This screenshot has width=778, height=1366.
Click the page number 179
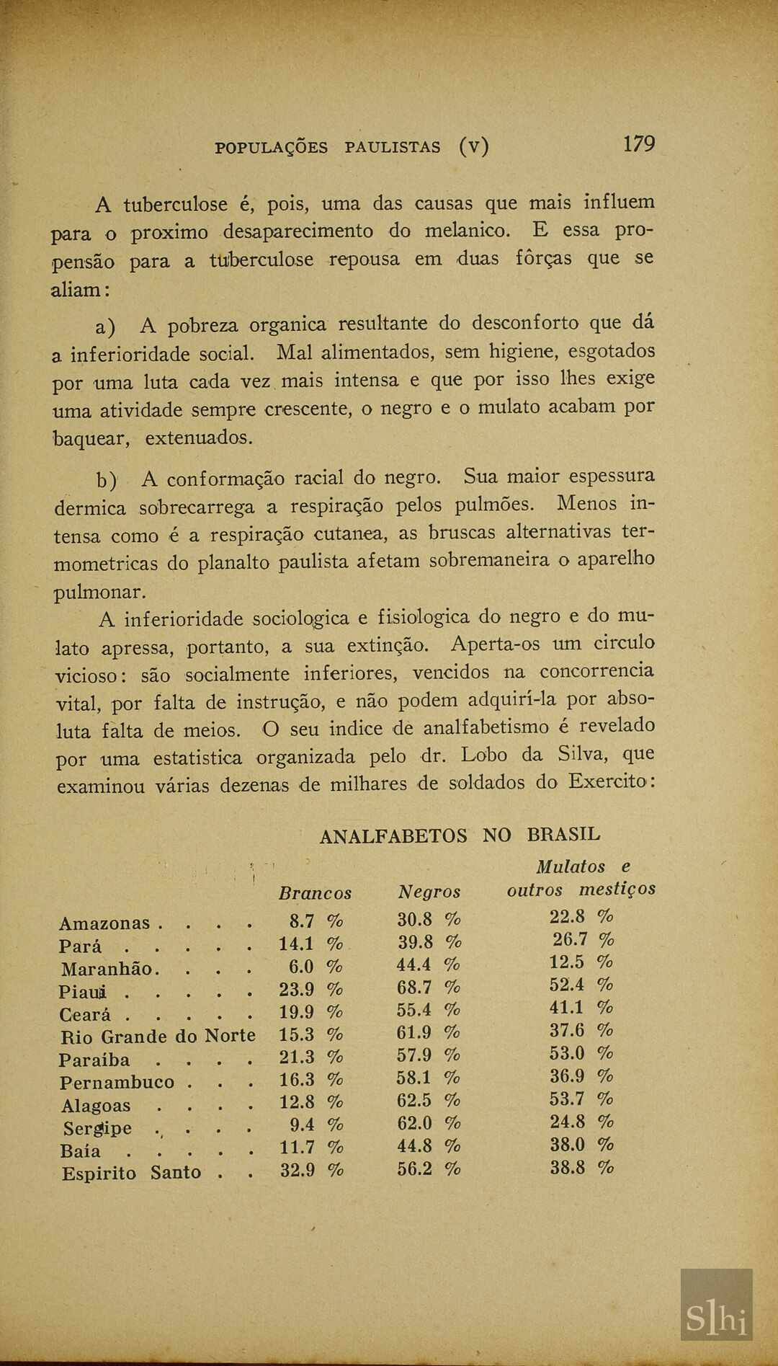pos(639,144)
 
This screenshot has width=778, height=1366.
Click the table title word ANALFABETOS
pos(393,836)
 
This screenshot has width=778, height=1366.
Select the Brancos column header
pos(315,893)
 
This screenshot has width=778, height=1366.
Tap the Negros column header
pos(429,892)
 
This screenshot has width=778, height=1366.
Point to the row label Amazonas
pos(104,923)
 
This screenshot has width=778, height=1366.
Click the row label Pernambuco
pos(117,1083)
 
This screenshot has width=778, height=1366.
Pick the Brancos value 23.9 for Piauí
pos(297,990)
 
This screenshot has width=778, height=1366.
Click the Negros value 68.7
pos(414,988)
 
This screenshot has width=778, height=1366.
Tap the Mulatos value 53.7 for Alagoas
pos(568,1099)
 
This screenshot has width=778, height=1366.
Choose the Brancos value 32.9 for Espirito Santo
pos(298,1170)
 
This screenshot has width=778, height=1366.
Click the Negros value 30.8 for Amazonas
pos(415,919)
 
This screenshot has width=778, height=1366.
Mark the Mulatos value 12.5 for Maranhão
pos(568,962)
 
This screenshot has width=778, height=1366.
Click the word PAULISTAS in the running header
pos(393,148)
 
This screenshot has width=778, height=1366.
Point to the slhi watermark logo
pos(716,1304)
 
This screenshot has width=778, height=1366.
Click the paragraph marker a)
pos(105,327)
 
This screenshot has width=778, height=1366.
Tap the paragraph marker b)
pos(107,480)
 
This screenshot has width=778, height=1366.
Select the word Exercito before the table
pos(607,782)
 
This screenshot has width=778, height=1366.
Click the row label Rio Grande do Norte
pos(158,1037)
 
